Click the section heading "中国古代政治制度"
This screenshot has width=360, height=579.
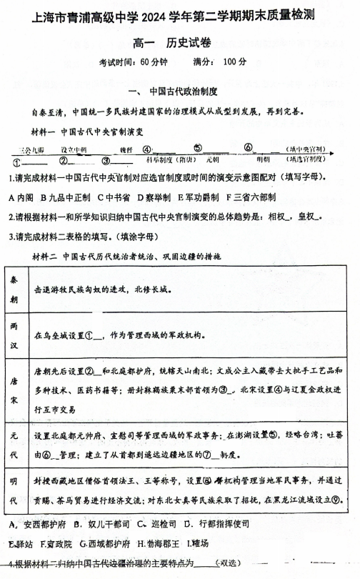click(188, 92)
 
